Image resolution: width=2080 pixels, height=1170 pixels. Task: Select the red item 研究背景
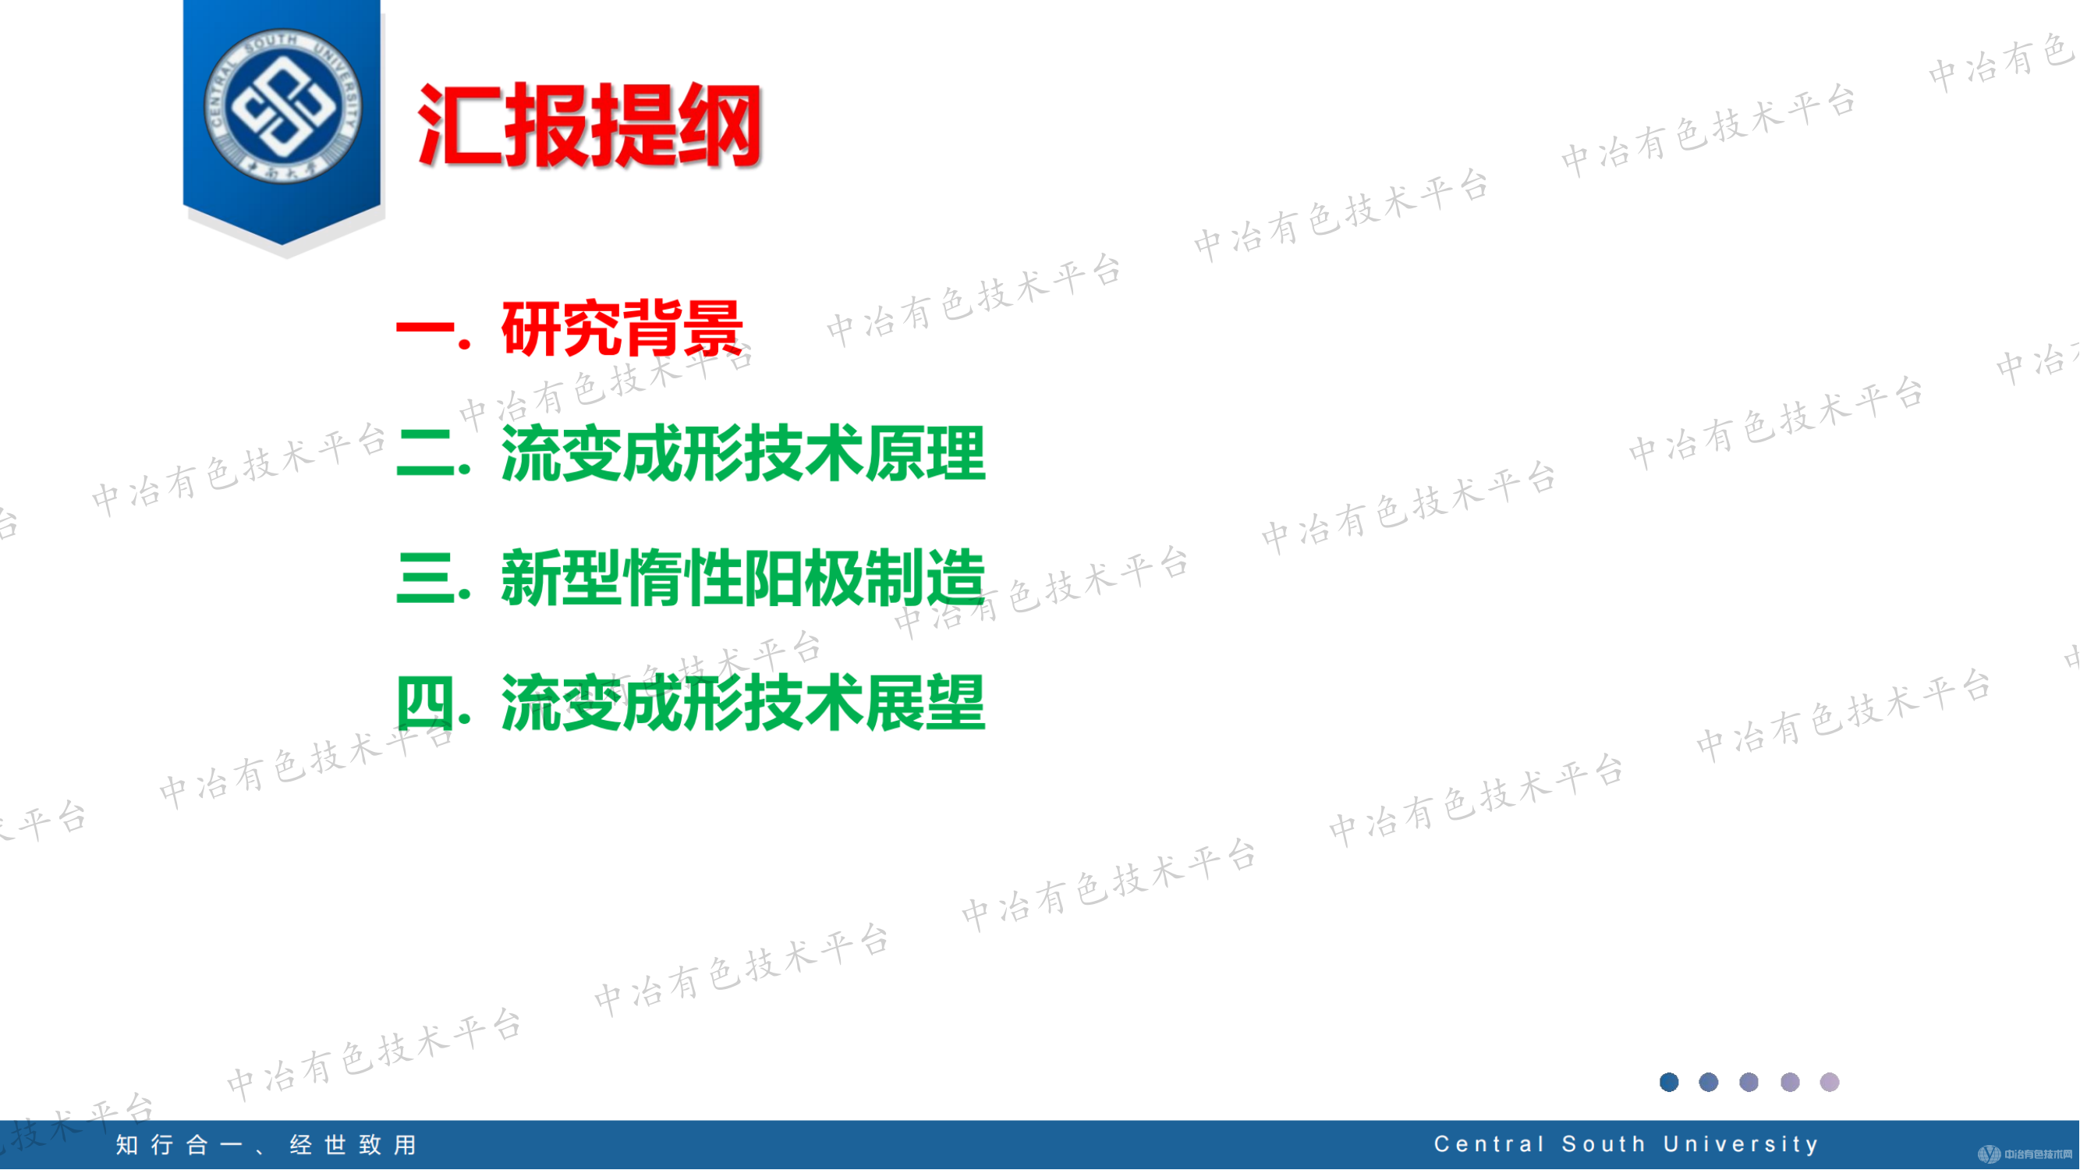click(622, 328)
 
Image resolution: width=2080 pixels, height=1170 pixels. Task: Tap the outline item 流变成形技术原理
click(742, 454)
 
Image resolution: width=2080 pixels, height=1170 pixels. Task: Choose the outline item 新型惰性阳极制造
click(742, 578)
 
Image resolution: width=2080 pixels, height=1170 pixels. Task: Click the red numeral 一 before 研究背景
click(426, 330)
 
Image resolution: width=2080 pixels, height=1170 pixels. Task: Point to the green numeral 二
click(426, 455)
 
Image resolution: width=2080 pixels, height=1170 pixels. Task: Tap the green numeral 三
click(426, 579)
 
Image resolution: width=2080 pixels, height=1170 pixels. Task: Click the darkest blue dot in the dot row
click(1669, 1083)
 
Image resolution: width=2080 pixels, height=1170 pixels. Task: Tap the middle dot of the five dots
click(1749, 1083)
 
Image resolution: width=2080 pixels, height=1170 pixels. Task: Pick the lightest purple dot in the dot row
click(1830, 1083)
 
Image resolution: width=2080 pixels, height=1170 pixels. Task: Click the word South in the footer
click(1603, 1145)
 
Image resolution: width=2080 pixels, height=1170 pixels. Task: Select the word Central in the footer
click(1490, 1145)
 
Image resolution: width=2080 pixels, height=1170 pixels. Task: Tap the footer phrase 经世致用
click(353, 1145)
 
